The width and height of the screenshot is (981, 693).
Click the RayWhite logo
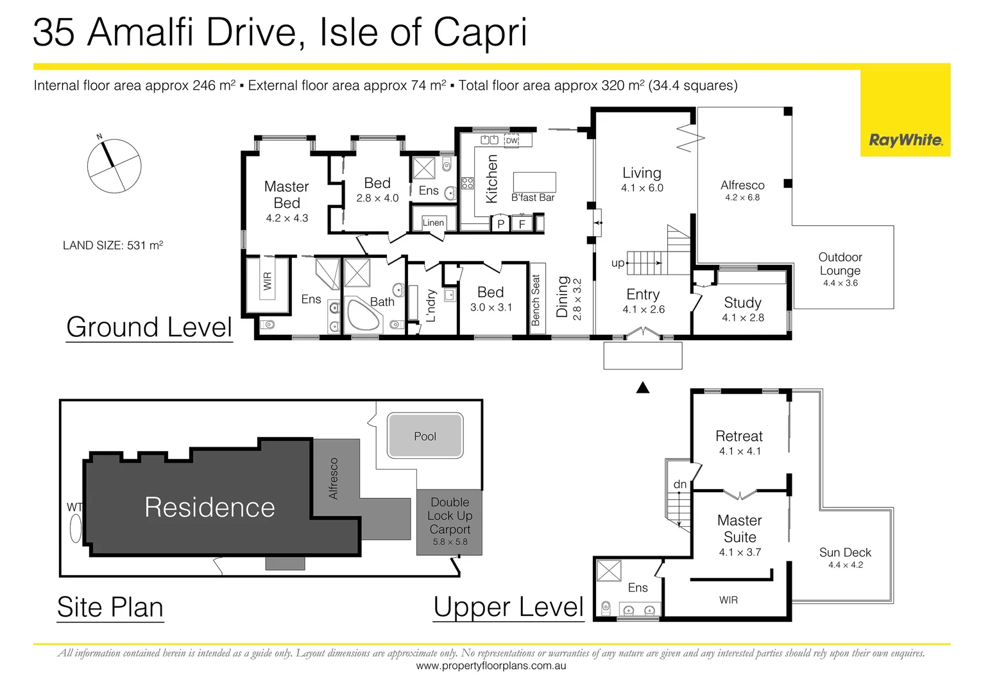pos(905,140)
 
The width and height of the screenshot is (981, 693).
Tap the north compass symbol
pos(114,166)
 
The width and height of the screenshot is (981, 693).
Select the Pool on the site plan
pos(425,436)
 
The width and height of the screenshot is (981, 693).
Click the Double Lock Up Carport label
pos(450,516)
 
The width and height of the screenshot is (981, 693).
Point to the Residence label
pos(210,508)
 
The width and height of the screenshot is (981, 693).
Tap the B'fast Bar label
pos(533,198)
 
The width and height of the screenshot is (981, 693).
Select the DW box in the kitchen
pos(511,141)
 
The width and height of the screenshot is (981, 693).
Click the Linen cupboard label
pos(433,223)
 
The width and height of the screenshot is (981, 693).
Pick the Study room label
pos(742,303)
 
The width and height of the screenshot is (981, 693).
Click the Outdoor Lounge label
pos(840,264)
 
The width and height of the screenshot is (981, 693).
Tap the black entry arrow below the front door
pos(643,388)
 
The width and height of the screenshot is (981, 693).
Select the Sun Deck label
pos(845,552)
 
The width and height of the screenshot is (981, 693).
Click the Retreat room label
pos(739,436)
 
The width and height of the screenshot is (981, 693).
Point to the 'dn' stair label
pos(680,484)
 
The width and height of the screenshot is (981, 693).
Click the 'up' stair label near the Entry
pos(618,263)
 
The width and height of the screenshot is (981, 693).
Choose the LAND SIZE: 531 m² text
pos(113,246)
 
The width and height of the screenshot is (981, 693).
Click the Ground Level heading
pos(149,327)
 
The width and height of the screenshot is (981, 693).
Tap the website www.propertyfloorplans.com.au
pos(491,666)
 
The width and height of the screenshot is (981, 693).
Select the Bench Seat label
pos(536,300)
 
